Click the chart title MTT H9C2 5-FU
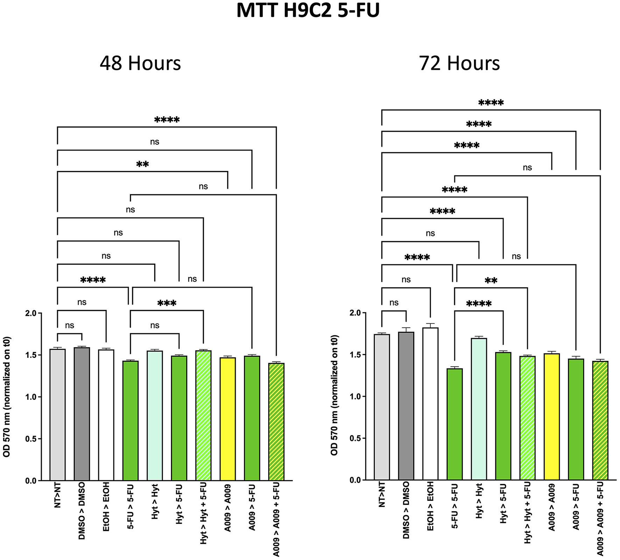pyautogui.click(x=308, y=10)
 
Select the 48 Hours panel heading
pyautogui.click(x=140, y=63)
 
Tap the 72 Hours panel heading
pyautogui.click(x=459, y=63)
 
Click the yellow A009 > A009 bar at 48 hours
pyautogui.click(x=227, y=420)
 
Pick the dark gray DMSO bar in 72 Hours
pyautogui.click(x=406, y=406)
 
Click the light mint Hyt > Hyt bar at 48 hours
pyautogui.click(x=155, y=416)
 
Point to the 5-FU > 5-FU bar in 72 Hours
pyautogui.click(x=455, y=423)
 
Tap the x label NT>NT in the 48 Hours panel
pyautogui.click(x=58, y=495)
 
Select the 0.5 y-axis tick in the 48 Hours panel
pyautogui.click(x=31, y=439)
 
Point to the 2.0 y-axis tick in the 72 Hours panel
pyautogui.click(x=355, y=313)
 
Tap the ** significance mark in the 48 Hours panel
pyautogui.click(x=142, y=164)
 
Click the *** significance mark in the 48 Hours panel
pyautogui.click(x=167, y=303)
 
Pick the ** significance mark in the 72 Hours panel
pyautogui.click(x=491, y=281)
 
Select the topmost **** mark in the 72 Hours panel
pyautogui.click(x=491, y=103)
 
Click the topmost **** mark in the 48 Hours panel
pyautogui.click(x=167, y=120)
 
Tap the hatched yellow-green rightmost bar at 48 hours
pyautogui.click(x=276, y=421)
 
